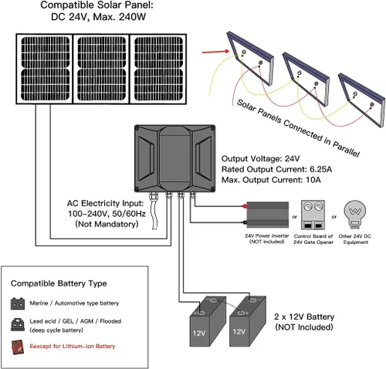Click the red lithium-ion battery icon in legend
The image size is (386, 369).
(16, 346)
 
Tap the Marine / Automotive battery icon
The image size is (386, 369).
(16, 303)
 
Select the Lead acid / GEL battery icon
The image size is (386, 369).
(16, 324)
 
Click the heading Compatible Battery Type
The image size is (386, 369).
(59, 283)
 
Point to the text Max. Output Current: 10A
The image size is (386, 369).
(270, 180)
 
